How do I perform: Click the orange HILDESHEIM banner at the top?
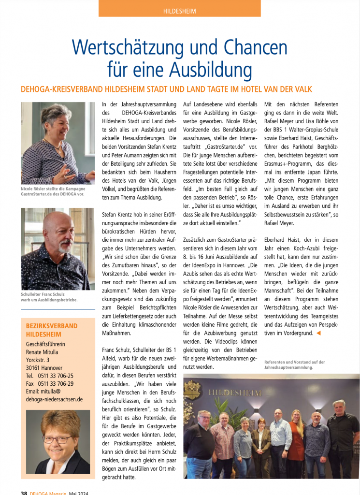coord(179,9)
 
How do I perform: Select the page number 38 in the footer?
coord(24,492)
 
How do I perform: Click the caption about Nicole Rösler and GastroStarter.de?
coord(53,191)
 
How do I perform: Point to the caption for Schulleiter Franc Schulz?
coord(49,296)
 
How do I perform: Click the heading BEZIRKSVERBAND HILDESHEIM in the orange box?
coord(52,330)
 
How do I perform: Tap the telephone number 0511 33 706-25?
coord(56,376)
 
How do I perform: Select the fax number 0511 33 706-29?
coord(56,383)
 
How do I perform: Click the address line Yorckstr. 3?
coord(38,360)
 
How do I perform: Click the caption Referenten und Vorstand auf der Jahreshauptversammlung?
coord(294,364)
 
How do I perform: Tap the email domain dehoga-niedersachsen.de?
coord(54,399)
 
